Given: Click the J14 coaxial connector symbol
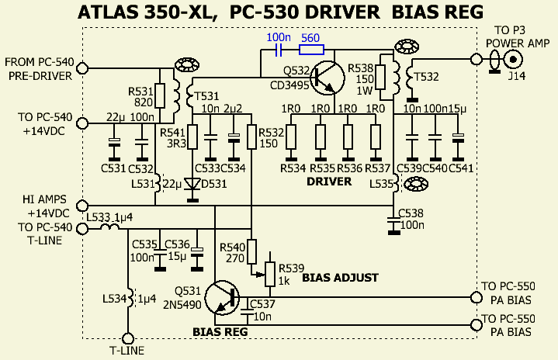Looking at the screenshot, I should click(512, 59).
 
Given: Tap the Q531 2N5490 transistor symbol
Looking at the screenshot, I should click(226, 298).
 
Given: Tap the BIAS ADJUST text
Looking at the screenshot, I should click(340, 277).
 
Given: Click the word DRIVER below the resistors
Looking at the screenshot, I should click(329, 181).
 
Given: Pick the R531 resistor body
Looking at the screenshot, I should click(159, 95).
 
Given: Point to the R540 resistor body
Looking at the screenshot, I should click(251, 252).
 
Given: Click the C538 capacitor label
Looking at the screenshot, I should click(411, 213).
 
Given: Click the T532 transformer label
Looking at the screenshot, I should click(426, 75).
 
